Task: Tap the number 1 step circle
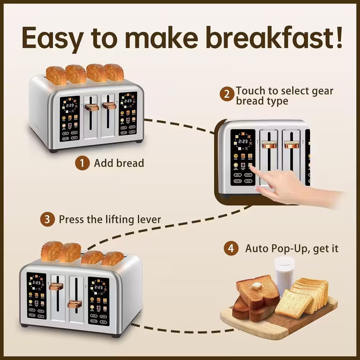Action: coord(82,163)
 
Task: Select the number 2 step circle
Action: coord(227,94)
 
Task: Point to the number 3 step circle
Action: coord(47,220)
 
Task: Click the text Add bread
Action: coord(119,163)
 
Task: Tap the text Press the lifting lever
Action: coord(110,220)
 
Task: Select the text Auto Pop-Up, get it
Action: coord(292,248)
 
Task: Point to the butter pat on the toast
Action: coord(256,286)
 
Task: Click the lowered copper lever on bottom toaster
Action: coord(75,304)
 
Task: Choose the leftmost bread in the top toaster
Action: coord(56,75)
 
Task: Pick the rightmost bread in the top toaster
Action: coord(114,72)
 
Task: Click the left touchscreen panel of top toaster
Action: coord(69,116)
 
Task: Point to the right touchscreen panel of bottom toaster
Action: coord(99,300)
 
